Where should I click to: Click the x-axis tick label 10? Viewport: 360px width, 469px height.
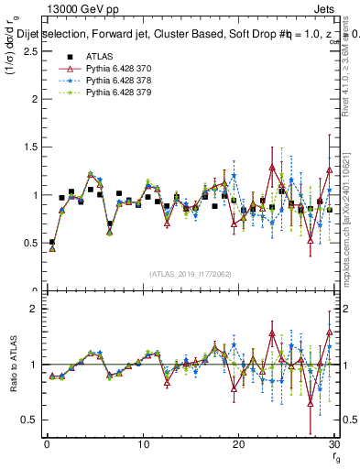(x=142, y=444)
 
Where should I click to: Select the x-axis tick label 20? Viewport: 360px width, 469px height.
(x=238, y=444)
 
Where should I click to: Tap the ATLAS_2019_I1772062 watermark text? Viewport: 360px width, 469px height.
(x=189, y=274)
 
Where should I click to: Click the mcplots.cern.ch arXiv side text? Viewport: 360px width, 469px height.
(x=350, y=220)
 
